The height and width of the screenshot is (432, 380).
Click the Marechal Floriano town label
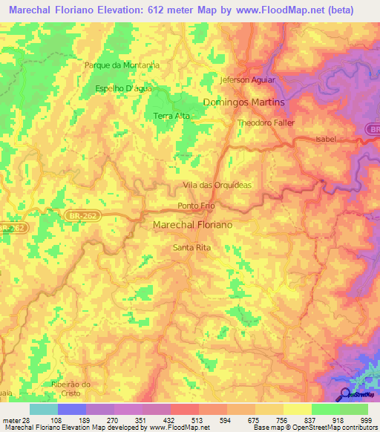(x=192, y=223)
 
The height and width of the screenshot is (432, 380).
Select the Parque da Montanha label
(x=122, y=65)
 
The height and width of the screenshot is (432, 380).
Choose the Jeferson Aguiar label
(x=248, y=79)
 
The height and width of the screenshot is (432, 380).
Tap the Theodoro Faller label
(x=266, y=122)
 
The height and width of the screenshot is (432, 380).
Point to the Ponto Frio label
(x=197, y=206)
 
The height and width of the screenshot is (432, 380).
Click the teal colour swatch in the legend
(x=44, y=409)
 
